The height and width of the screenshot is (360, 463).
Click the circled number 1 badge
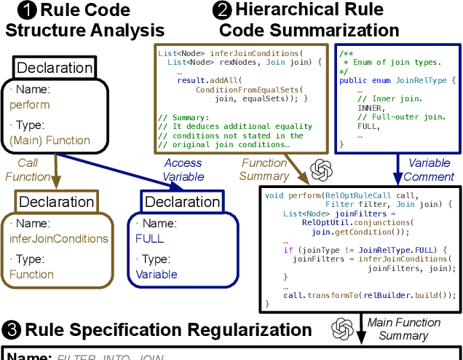click(x=26, y=11)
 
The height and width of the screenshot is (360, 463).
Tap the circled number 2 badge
click(x=221, y=11)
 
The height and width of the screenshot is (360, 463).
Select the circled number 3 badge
click(x=12, y=329)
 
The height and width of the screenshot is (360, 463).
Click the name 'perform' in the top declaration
click(x=30, y=104)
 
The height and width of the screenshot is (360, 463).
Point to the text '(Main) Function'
click(x=50, y=140)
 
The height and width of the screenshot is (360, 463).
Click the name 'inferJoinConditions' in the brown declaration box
click(x=59, y=238)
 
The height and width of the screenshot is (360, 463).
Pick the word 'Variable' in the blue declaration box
click(x=156, y=274)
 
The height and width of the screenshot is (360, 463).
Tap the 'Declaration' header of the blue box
click(x=182, y=202)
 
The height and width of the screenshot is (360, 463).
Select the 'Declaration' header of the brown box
click(x=56, y=202)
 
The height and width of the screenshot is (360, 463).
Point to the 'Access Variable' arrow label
click(x=183, y=170)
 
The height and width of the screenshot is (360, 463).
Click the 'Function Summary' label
click(x=264, y=170)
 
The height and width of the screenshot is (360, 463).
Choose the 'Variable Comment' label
click(x=429, y=170)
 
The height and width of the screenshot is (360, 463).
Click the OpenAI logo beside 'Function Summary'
click(x=321, y=170)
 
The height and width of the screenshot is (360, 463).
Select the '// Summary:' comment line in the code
click(x=183, y=116)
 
